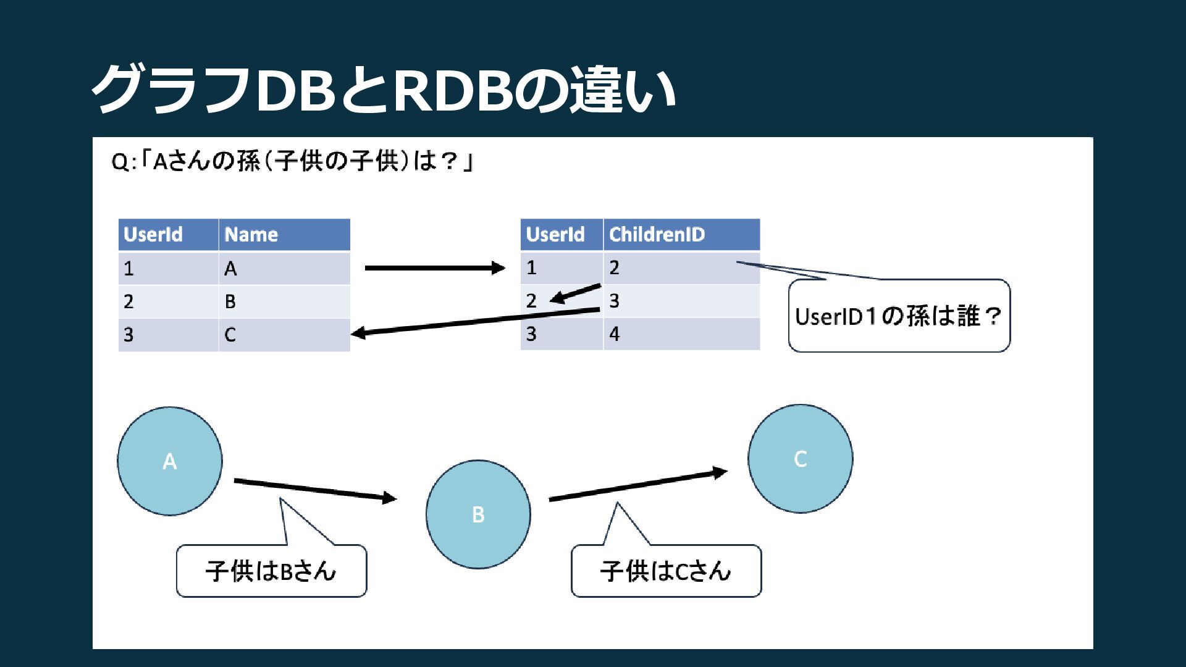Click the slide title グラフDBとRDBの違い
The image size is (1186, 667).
383,90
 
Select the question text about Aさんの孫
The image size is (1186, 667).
292,162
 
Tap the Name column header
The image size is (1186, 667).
284,235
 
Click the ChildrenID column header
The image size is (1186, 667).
681,235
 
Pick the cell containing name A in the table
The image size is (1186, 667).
284,269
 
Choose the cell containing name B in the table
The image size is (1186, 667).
284,301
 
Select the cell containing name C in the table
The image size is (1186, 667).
284,335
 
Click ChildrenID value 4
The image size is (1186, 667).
681,334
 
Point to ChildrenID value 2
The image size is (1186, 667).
681,268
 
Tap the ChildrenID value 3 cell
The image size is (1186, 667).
681,301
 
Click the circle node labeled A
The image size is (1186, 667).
170,461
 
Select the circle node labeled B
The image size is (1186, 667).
478,514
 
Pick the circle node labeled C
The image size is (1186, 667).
800,458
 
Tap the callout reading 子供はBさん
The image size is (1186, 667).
271,571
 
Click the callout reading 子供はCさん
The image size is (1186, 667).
666,571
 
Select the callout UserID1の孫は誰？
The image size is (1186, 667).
899,316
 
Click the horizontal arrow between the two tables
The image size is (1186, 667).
435,268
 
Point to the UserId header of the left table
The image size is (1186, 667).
168,235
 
